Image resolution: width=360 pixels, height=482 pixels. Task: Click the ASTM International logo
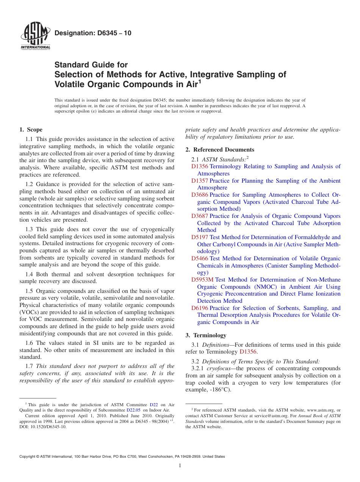click(x=35, y=37)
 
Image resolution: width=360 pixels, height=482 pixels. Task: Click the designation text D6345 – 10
click(x=93, y=33)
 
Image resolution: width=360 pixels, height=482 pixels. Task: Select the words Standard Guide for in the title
click(x=91, y=65)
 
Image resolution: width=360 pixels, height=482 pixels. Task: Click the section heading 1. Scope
click(x=31, y=130)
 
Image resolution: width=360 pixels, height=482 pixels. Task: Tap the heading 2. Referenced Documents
click(x=220, y=150)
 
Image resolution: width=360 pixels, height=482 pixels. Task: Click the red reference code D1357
click(x=200, y=181)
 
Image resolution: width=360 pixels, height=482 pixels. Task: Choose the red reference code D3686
click(x=200, y=195)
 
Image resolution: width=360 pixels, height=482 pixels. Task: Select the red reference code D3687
click(x=200, y=216)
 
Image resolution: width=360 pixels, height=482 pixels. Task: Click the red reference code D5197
click(x=200, y=237)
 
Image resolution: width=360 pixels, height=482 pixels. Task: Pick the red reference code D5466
click(x=200, y=258)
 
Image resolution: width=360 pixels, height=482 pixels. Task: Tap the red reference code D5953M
click(x=202, y=280)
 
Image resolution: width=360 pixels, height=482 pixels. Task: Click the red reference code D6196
click(x=200, y=308)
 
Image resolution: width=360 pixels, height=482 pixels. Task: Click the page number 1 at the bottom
click(x=180, y=466)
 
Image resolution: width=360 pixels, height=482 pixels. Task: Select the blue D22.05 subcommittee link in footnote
click(x=133, y=410)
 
